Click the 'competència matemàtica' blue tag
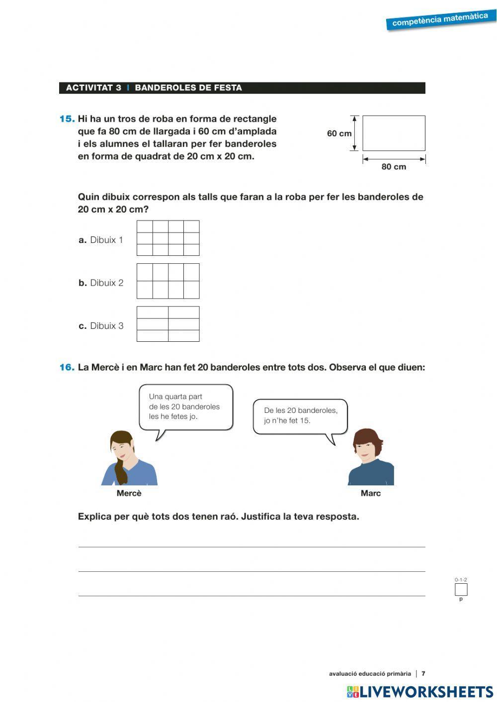tap(440, 20)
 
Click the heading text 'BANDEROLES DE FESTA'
tap(188, 88)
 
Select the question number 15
tap(67, 119)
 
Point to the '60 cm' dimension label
tap(339, 133)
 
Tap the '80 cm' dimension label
tap(394, 167)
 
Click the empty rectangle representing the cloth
tap(394, 133)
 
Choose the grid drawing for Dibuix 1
tap(168, 238)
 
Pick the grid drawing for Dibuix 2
tap(168, 281)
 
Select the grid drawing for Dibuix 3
tap(168, 324)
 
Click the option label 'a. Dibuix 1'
tap(101, 240)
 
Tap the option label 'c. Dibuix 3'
tap(101, 326)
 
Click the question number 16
tap(67, 368)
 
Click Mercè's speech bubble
tap(185, 407)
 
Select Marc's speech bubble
tap(300, 416)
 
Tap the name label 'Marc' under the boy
tap(370, 493)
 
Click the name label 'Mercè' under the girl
tap(129, 493)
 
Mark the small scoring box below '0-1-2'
tap(461, 590)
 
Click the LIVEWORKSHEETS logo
tap(420, 692)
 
